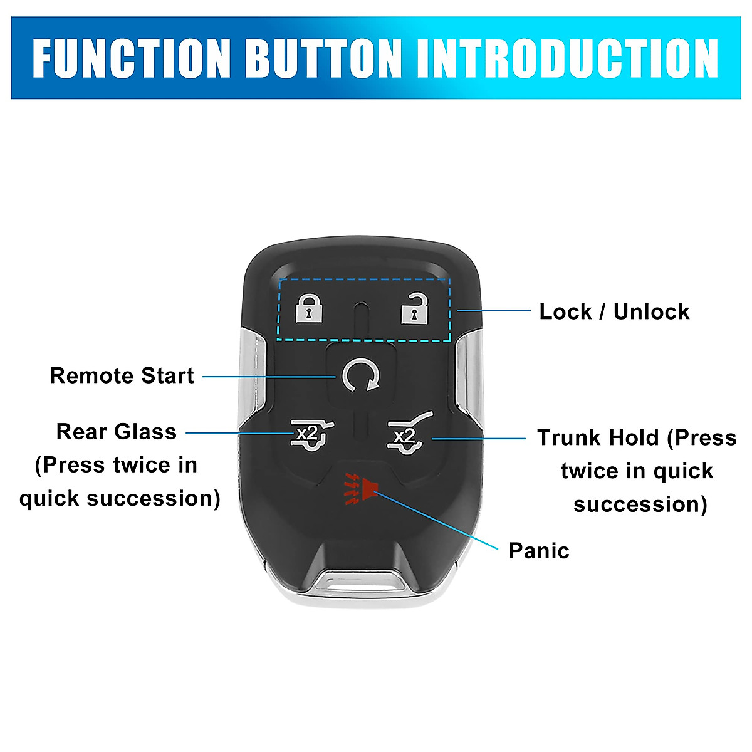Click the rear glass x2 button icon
(311, 434)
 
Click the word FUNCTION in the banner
(132, 58)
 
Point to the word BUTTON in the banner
(323, 58)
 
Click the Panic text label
(539, 551)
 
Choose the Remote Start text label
(122, 375)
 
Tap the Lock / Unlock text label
(614, 311)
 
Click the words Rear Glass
(117, 432)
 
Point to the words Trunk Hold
(598, 437)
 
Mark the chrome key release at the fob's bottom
(358, 581)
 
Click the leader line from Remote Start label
(269, 377)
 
